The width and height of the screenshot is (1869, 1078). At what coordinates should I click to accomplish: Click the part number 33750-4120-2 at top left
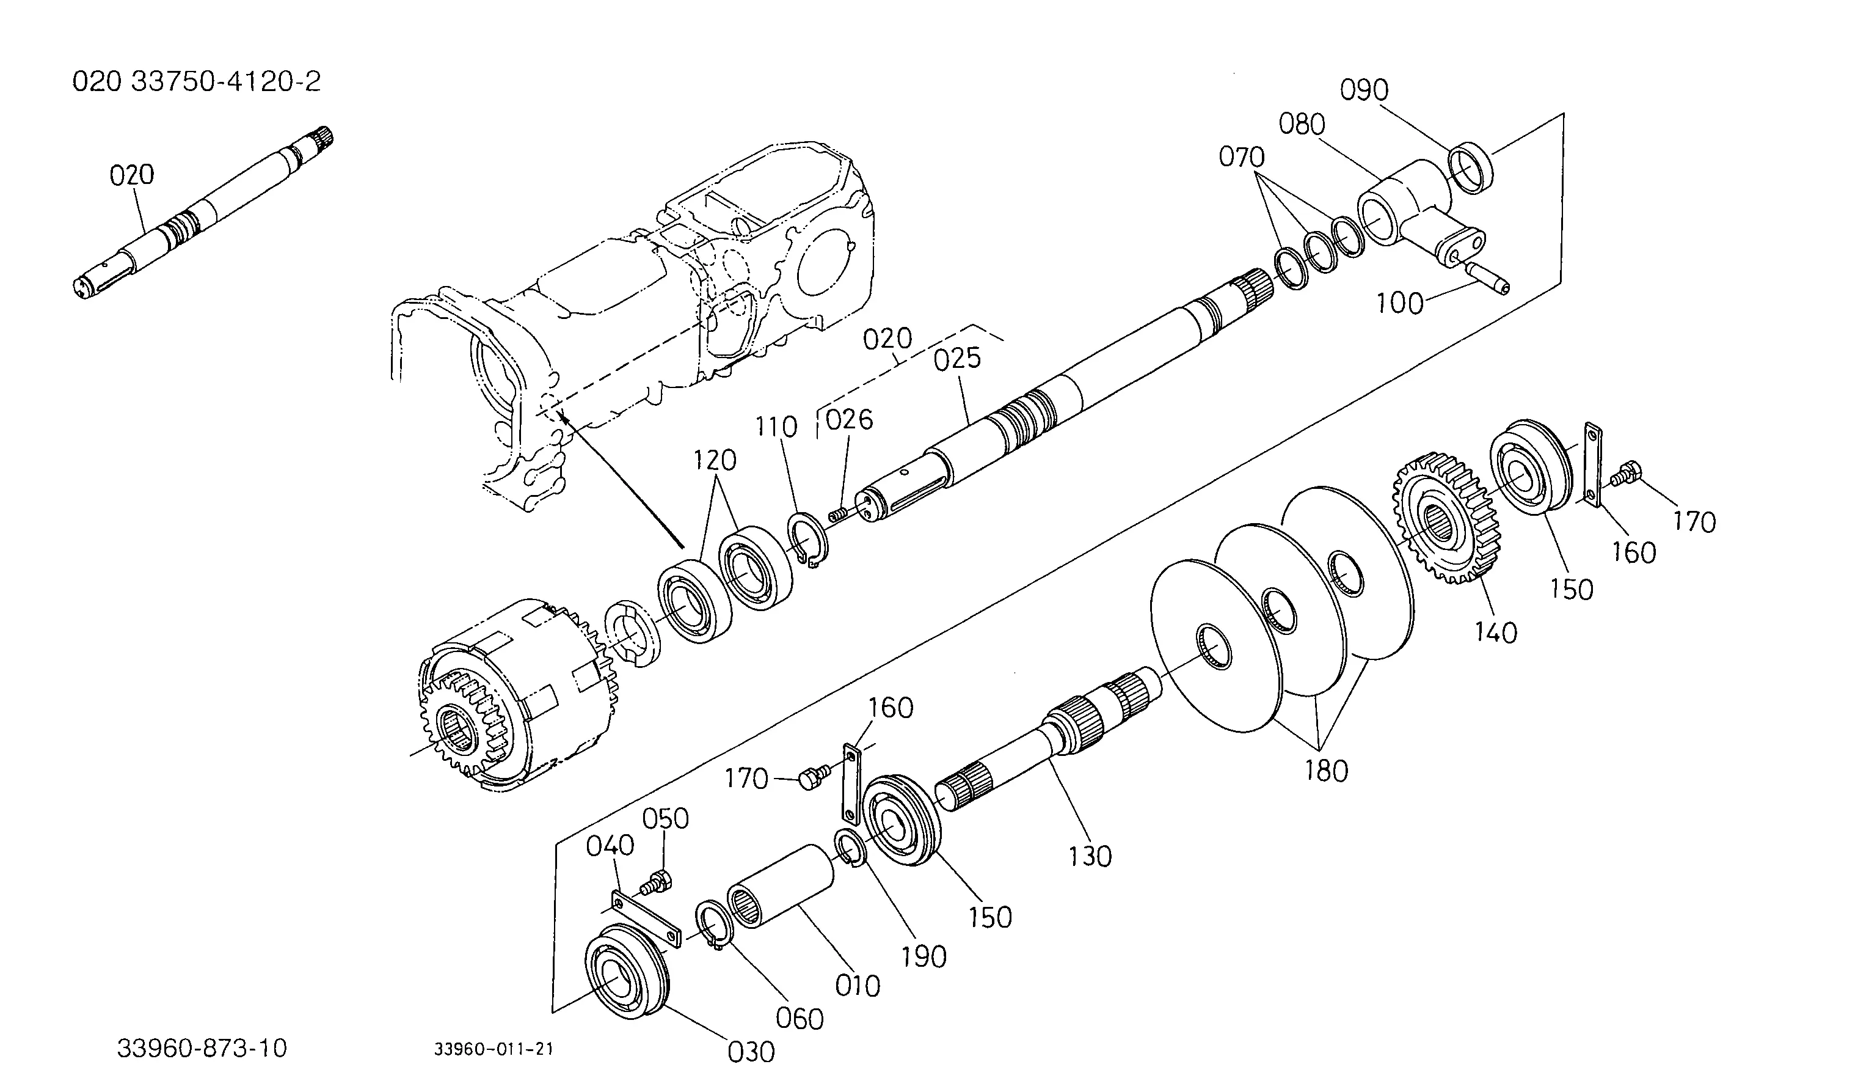tap(227, 81)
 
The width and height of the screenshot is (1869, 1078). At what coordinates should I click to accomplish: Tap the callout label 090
tap(1364, 90)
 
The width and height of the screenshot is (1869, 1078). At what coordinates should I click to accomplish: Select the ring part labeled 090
tap(1470, 167)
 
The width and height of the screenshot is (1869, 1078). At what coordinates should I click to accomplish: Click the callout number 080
tap(1302, 125)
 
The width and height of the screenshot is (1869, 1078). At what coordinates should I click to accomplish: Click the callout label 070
tap(1242, 157)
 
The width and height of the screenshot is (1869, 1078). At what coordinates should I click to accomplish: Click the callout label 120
tap(715, 461)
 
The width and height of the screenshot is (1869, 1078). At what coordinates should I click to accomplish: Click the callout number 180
tap(1327, 771)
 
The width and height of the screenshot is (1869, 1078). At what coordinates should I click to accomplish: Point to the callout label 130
tap(1090, 857)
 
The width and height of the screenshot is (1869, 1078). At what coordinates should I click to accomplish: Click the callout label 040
tap(610, 846)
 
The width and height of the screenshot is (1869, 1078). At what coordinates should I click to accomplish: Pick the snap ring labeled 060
tap(714, 925)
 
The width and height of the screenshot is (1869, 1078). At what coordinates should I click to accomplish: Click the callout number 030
tap(752, 1051)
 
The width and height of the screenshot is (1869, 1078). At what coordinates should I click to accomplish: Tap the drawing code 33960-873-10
tap(202, 1049)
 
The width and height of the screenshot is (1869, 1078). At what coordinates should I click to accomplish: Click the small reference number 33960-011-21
tap(494, 1049)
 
